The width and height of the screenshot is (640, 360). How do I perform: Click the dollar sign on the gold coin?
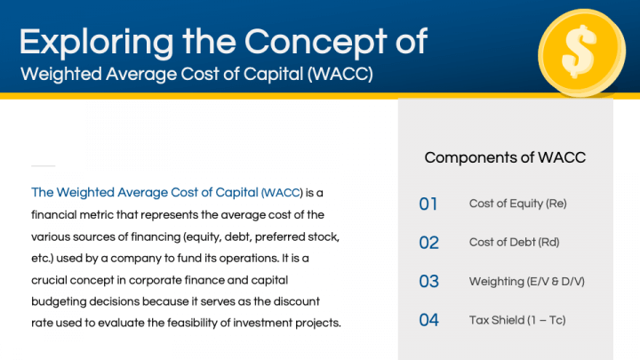579,51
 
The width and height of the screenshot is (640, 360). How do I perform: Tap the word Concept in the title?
316,43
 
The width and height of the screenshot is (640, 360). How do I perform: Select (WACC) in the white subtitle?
340,75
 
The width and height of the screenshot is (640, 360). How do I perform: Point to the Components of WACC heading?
505,157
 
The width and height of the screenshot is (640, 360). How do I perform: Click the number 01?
428,204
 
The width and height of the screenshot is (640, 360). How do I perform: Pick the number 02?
429,243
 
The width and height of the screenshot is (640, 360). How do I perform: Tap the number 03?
429,281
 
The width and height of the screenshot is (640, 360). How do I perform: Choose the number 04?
429,320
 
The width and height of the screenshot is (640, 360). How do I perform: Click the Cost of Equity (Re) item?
518,204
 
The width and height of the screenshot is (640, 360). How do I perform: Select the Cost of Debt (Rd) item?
515,243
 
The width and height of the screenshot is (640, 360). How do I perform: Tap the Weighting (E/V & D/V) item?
527,282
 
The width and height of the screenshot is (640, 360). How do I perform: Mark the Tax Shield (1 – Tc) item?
517,320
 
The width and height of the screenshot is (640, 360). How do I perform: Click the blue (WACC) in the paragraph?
282,193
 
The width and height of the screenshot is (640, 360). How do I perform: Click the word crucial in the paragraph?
50,280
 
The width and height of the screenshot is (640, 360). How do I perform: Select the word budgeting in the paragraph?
59,302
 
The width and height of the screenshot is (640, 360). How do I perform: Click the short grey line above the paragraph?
44,165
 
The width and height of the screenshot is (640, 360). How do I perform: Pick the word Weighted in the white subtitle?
61,75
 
